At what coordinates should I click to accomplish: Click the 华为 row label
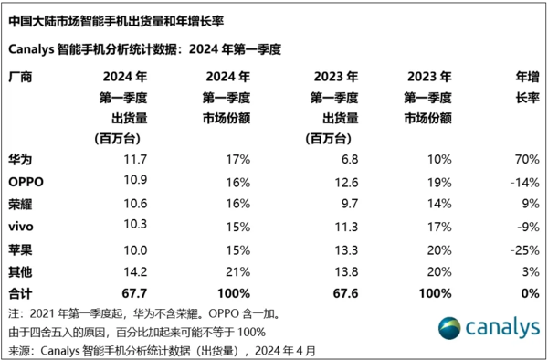pos(19,159)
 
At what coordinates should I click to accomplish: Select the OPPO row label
pos(25,181)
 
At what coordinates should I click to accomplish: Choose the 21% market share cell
pos(238,270)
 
